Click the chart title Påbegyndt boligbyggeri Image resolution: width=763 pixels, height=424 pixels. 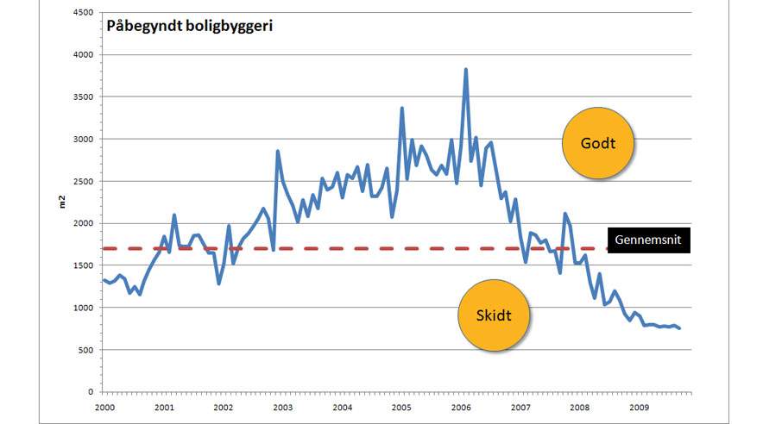pyautogui.click(x=189, y=26)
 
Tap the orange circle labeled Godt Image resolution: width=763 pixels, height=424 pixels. pyautogui.click(x=597, y=143)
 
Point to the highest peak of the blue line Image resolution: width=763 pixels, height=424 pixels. pyautogui.click(x=466, y=69)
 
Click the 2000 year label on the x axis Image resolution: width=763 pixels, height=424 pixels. pyautogui.click(x=104, y=407)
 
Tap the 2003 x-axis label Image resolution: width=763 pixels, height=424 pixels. pyautogui.click(x=282, y=407)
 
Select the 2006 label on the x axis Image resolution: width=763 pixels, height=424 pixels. pyautogui.click(x=461, y=407)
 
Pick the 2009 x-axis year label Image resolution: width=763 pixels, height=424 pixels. pyautogui.click(x=639, y=407)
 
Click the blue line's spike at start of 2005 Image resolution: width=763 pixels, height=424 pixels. pyautogui.click(x=402, y=108)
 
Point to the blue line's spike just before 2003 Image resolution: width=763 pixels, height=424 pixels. pyautogui.click(x=278, y=151)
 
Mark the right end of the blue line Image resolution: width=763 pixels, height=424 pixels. pyautogui.click(x=680, y=328)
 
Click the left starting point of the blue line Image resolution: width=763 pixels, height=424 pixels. pyautogui.click(x=104, y=279)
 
